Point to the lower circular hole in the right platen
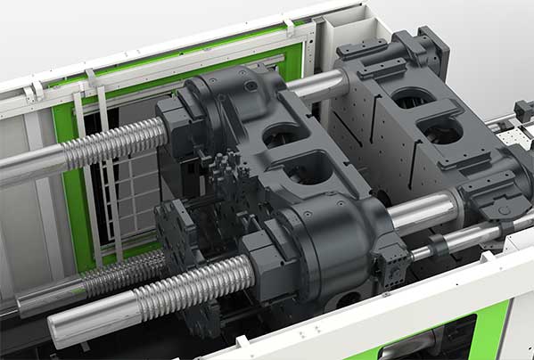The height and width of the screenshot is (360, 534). (444, 134)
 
